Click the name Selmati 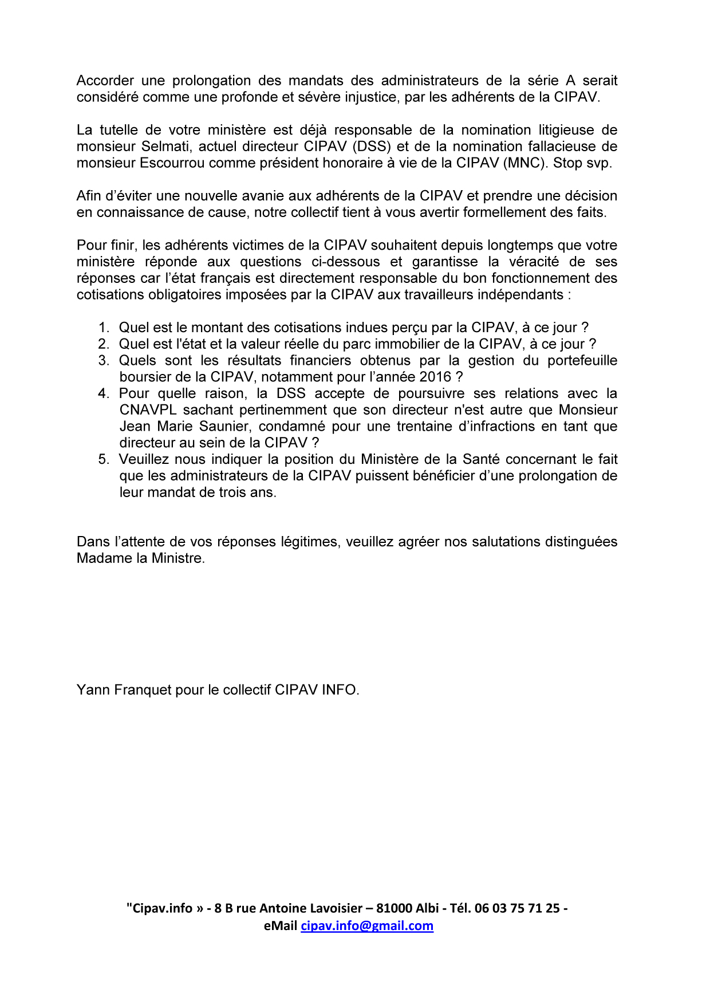[165, 147]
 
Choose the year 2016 [435, 377]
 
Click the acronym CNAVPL [148, 410]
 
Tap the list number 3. [104, 361]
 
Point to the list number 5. [104, 459]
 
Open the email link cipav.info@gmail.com [367, 926]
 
